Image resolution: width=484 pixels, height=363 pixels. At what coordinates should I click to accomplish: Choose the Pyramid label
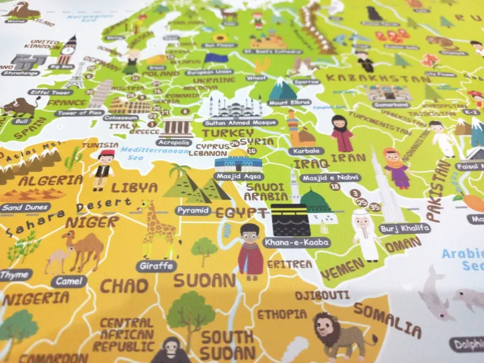point(192,210)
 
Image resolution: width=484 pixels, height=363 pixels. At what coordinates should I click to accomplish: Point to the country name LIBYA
point(134,188)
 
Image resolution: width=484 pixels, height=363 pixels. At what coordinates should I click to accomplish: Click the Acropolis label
point(173,142)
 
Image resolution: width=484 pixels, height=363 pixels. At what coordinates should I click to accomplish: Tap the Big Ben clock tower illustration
point(67,50)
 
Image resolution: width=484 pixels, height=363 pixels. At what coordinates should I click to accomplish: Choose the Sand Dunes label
point(25,208)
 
